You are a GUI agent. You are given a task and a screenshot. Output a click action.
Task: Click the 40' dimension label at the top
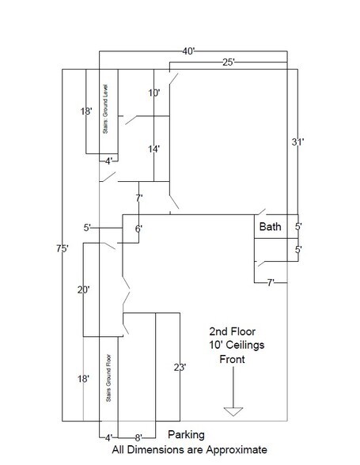click(x=188, y=51)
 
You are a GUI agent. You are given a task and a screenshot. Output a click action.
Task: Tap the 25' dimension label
click(x=229, y=62)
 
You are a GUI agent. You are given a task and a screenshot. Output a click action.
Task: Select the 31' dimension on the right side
click(x=297, y=142)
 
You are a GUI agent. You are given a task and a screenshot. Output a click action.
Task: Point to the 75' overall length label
click(x=63, y=248)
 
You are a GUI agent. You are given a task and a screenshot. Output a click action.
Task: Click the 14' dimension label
click(x=154, y=149)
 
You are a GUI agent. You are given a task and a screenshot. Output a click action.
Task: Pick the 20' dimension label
click(x=83, y=289)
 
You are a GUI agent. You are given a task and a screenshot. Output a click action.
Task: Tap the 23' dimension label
click(x=180, y=368)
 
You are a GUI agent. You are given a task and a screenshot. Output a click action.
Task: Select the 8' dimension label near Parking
click(x=138, y=437)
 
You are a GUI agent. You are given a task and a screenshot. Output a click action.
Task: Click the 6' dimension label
click(x=138, y=229)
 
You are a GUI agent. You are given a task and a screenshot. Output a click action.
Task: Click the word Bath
click(x=270, y=226)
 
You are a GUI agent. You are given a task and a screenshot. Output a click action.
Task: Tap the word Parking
click(x=187, y=435)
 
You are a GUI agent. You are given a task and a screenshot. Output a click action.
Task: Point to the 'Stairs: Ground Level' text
click(x=105, y=109)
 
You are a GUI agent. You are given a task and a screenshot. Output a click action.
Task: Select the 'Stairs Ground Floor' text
click(x=108, y=378)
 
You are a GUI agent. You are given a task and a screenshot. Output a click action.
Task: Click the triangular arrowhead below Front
click(x=233, y=411)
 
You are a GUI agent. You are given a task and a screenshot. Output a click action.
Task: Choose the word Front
click(x=232, y=359)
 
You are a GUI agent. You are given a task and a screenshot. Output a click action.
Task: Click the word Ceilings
click(x=244, y=345)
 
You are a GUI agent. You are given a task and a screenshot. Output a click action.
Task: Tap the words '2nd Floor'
click(x=233, y=331)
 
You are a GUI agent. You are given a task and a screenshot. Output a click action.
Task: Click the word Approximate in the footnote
click(x=237, y=450)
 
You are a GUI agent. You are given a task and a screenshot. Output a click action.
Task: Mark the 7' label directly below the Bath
click(x=271, y=282)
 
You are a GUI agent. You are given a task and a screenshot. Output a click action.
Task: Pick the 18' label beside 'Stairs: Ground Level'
click(x=86, y=112)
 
